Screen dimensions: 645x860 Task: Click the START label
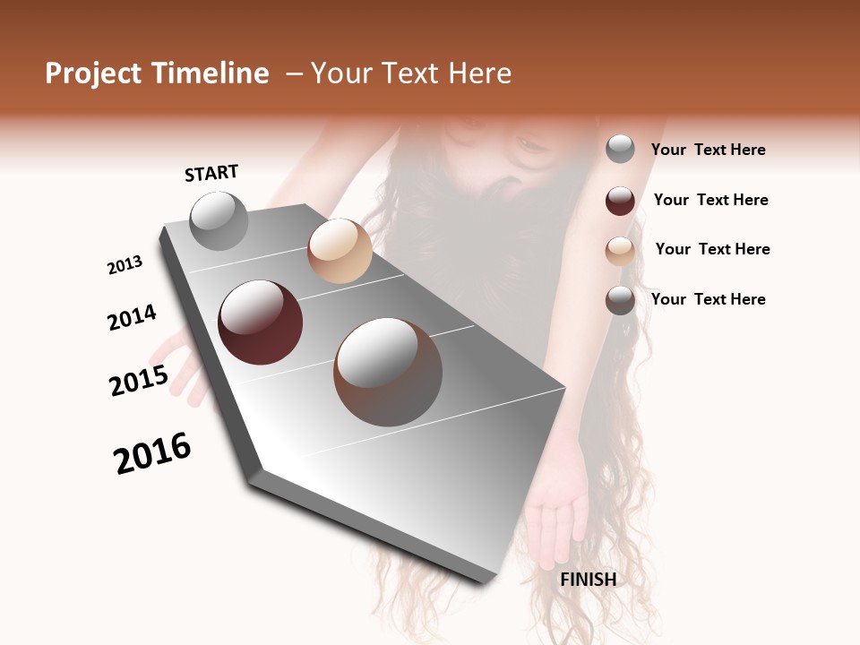(x=211, y=173)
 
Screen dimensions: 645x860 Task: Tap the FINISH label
(x=588, y=580)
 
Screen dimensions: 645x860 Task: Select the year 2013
(x=125, y=265)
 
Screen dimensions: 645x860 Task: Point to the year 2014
(x=132, y=318)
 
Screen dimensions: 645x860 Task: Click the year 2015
(x=139, y=381)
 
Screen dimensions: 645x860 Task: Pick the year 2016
(x=152, y=453)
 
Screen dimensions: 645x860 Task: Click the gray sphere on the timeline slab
(x=219, y=221)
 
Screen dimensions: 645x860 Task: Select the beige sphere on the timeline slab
(x=340, y=251)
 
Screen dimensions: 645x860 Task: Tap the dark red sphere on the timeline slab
(x=260, y=322)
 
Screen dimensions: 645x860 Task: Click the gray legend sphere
(x=620, y=150)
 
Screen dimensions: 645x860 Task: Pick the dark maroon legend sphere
(x=620, y=201)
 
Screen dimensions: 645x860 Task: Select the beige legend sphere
(x=620, y=250)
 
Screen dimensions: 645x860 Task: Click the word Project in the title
(x=94, y=73)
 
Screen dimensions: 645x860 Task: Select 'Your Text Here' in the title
(x=411, y=73)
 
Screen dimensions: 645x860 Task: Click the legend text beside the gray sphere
(x=708, y=150)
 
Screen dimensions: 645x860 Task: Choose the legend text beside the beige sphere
(x=712, y=249)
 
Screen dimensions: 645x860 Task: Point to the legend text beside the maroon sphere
(x=710, y=200)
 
